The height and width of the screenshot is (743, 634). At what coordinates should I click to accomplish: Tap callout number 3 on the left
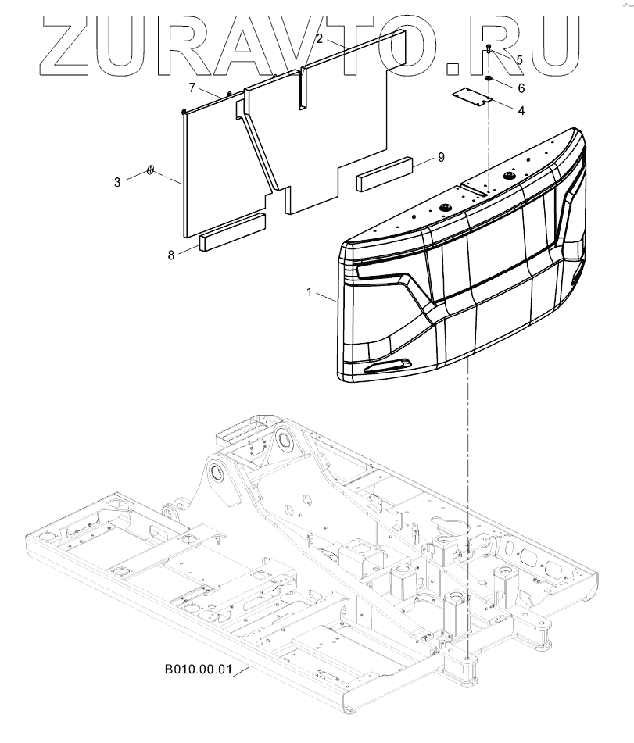117,181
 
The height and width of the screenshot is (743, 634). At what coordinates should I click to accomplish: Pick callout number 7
192,87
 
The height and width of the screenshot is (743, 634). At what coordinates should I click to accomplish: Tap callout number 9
441,158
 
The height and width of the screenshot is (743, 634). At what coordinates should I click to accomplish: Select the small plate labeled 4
475,97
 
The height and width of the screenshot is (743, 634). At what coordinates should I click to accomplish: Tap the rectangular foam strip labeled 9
385,174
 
